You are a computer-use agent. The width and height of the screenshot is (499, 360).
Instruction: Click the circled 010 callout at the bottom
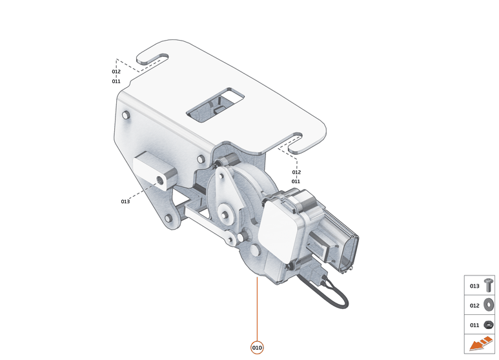pyautogui.click(x=257, y=348)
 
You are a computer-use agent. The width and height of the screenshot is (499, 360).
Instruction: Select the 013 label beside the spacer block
pyautogui.click(x=125, y=202)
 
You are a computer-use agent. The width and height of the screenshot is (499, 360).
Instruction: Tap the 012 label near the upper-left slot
pyautogui.click(x=116, y=72)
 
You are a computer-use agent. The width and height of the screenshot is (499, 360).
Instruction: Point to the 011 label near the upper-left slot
pyautogui.click(x=116, y=81)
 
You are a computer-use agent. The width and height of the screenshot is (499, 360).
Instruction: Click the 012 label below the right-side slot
pyautogui.click(x=296, y=172)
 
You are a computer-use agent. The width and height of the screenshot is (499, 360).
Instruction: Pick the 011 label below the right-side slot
pyautogui.click(x=296, y=181)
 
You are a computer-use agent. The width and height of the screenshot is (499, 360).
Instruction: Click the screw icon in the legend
pyautogui.click(x=489, y=285)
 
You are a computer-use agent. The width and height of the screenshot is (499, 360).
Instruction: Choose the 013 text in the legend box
pyautogui.click(x=474, y=286)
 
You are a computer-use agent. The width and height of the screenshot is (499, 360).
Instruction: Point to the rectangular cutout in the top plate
pyautogui.click(x=216, y=105)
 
